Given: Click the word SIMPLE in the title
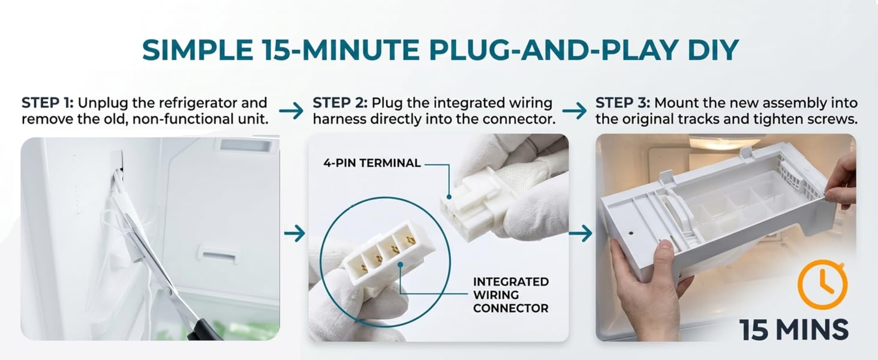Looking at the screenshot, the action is [197, 50].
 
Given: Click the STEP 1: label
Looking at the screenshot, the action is [47, 103].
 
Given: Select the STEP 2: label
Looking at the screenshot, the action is [340, 103].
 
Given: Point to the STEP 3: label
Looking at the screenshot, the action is [623, 103].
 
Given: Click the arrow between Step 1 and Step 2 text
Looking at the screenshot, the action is [291, 110].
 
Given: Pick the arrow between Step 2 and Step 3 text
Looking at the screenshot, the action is [575, 110].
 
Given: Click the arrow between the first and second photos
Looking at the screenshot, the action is [294, 234].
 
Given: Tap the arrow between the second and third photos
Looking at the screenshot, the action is [581, 234].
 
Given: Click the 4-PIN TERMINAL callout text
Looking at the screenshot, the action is [372, 163].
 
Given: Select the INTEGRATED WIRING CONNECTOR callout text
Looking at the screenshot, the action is [511, 295].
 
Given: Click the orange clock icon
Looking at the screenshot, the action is [823, 284].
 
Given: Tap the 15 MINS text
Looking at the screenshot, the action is [794, 329].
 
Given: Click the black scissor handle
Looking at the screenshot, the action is [204, 330].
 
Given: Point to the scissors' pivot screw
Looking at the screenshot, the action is [169, 291].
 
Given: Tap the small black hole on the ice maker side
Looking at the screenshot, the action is [631, 233].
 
